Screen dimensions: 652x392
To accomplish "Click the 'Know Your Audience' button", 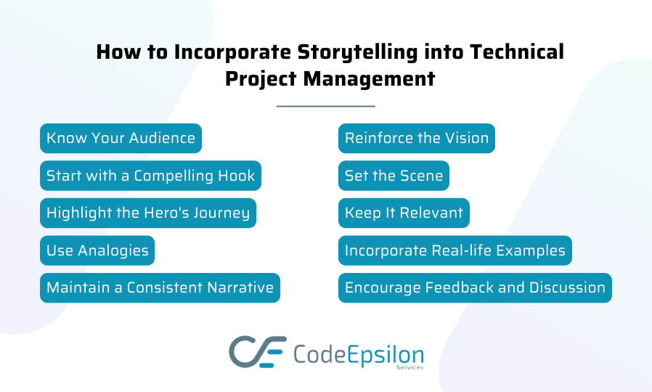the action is point(121,138).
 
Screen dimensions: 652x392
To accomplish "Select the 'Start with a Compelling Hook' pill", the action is point(150,176).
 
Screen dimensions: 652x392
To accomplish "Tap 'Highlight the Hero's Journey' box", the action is point(148,213).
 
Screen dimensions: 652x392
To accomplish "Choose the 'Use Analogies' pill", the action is point(97,250).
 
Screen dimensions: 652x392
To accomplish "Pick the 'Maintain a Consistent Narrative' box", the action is point(160,287).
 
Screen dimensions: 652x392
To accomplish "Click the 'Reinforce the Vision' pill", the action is point(417,138).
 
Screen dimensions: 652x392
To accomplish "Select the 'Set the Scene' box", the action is point(394,176).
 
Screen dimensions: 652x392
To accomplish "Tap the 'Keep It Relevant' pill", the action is point(404,213).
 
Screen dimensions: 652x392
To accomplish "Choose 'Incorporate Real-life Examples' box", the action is point(455,250).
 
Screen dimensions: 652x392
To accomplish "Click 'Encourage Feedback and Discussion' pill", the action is point(475,287).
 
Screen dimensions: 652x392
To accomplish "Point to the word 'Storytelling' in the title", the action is point(357,53).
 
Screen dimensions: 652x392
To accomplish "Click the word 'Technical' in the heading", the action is point(517,52).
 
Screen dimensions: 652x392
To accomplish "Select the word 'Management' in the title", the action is point(370,79).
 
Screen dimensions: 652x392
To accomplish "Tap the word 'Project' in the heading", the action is point(261,79).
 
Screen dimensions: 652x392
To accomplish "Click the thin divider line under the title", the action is point(326,107).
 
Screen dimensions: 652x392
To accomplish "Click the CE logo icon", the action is point(258,351).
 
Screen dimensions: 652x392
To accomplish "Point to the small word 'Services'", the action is point(409,367).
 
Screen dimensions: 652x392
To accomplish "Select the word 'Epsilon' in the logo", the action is point(385,356).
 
